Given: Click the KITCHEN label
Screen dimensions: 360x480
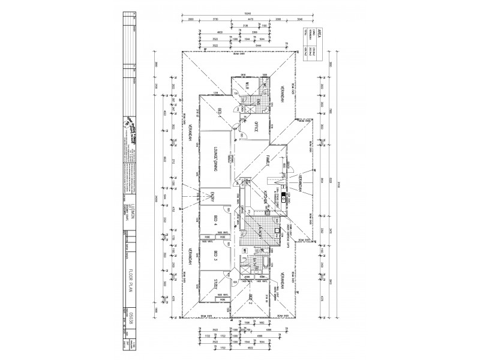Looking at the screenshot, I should [264, 197].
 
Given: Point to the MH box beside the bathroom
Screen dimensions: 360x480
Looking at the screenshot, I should [245, 249].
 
